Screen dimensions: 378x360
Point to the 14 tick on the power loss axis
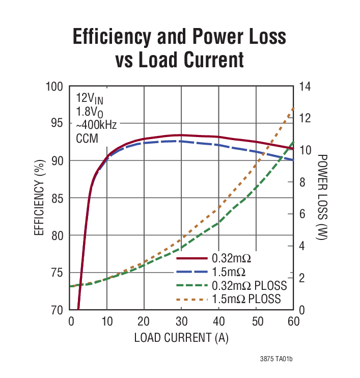pyautogui.click(x=305, y=86)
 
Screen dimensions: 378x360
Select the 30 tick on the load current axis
pyautogui.click(x=181, y=322)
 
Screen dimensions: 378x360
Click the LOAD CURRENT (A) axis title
pyautogui.click(x=181, y=338)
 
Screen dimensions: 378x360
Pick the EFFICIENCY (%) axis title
pyautogui.click(x=40, y=198)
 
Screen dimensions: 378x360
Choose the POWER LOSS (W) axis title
pyautogui.click(x=323, y=198)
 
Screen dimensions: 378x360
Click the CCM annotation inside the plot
pyautogui.click(x=87, y=138)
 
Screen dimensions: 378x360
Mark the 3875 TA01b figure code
pyautogui.click(x=276, y=360)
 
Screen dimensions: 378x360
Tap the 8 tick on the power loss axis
pyautogui.click(x=302, y=182)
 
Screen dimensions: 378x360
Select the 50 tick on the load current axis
pyautogui.click(x=256, y=322)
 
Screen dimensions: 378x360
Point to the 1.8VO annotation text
pyautogui.click(x=90, y=112)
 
